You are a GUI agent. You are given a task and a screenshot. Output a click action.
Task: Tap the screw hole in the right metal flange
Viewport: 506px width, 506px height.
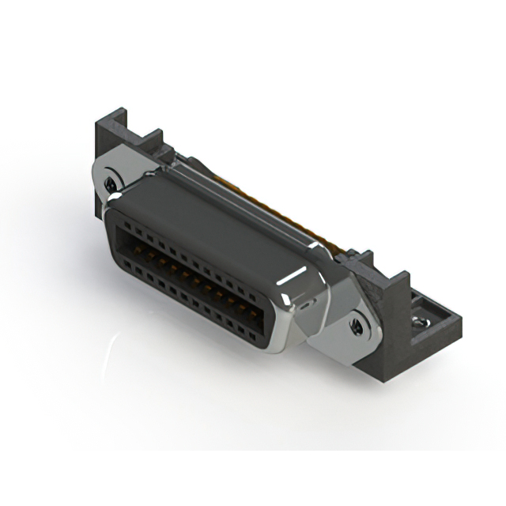(x=357, y=324)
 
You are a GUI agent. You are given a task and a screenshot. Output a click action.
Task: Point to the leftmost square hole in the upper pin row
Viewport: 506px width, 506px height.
(x=121, y=225)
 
